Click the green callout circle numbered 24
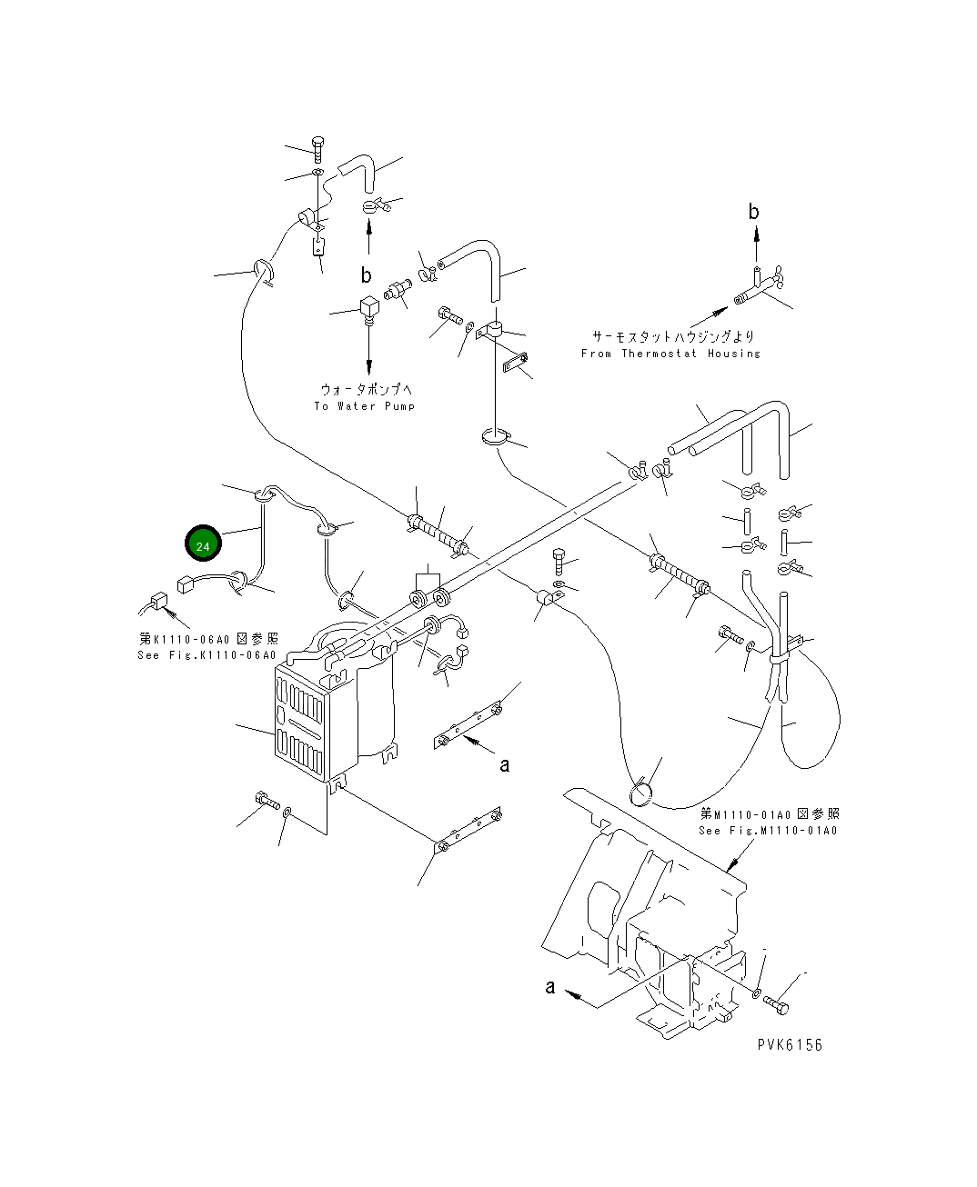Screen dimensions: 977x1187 coord(203,544)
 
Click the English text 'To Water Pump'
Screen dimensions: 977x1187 coord(365,405)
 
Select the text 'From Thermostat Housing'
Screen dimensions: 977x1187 coord(670,354)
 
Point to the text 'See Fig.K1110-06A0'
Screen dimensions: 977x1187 coord(206,655)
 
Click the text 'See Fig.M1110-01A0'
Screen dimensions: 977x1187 coord(768,830)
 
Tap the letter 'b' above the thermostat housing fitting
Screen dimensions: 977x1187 coord(753,212)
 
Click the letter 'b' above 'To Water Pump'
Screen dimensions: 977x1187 coord(367,275)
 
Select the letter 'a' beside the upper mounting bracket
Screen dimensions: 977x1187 coord(505,764)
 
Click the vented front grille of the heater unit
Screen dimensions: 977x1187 coord(300,725)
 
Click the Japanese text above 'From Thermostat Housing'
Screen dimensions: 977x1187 coord(673,336)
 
